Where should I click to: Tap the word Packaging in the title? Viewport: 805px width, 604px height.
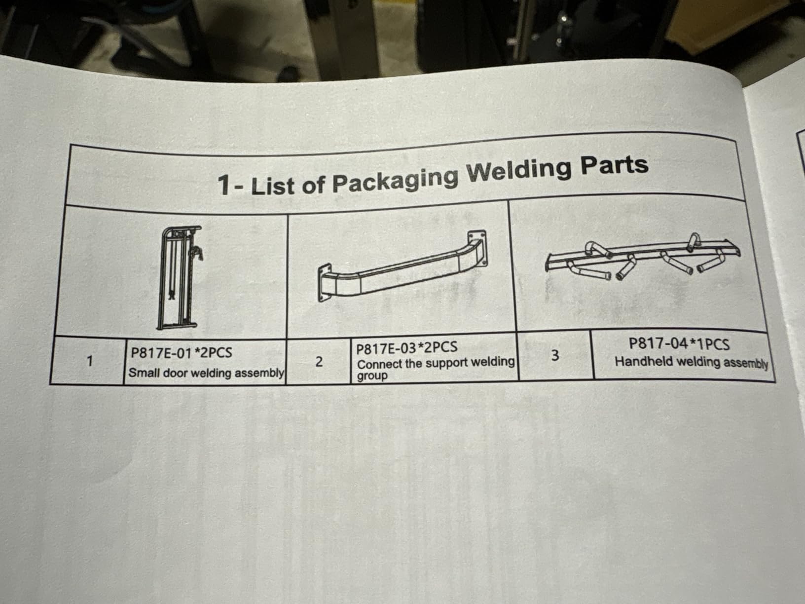pyautogui.click(x=396, y=180)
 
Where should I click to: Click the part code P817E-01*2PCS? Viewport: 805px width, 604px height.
pyautogui.click(x=182, y=353)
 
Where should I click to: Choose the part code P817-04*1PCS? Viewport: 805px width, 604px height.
pyautogui.click(x=679, y=344)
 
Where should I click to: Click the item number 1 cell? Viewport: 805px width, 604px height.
pyautogui.click(x=89, y=361)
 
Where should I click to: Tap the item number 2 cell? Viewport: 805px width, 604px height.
pyautogui.click(x=319, y=362)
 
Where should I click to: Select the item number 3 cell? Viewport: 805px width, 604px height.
pyautogui.click(x=555, y=355)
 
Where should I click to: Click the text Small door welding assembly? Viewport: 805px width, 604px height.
pyautogui.click(x=206, y=373)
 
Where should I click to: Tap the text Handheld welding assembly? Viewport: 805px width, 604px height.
pyautogui.click(x=692, y=362)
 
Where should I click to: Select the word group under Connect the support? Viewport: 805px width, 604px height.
pyautogui.click(x=372, y=376)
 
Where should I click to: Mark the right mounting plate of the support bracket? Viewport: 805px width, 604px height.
pyautogui.click(x=478, y=248)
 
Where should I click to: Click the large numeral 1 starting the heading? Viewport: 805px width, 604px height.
pyautogui.click(x=224, y=185)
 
